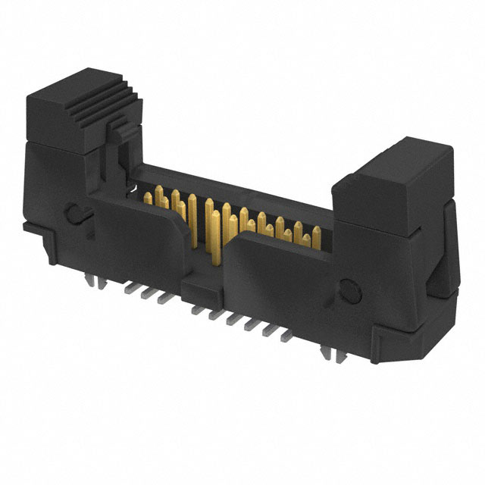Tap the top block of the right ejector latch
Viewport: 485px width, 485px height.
[x=394, y=171]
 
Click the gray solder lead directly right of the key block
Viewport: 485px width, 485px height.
[x=216, y=311]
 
